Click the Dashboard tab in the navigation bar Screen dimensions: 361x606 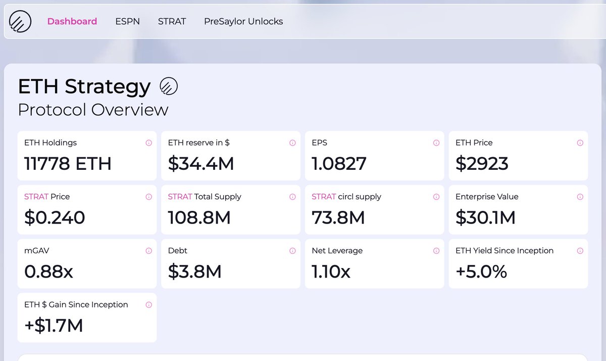tap(72, 21)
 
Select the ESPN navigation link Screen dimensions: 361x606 tap(127, 21)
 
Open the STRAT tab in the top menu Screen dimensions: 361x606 tap(172, 21)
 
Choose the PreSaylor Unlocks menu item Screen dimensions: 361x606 tap(243, 21)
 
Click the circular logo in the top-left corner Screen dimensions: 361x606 tap(20, 22)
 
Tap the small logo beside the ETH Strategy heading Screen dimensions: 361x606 tap(169, 86)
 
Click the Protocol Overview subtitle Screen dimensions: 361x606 tap(93, 110)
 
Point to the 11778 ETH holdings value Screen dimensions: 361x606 tap(68, 164)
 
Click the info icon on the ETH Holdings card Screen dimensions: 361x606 tap(148, 143)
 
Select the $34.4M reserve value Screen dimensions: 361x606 tap(201, 164)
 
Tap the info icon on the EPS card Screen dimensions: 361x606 tap(436, 143)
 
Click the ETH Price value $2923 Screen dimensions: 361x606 tap(482, 164)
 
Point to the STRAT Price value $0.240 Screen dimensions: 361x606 tap(55, 217)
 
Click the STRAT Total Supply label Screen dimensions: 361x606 tap(205, 197)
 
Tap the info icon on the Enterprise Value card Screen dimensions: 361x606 tap(580, 197)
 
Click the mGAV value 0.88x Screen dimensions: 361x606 tap(48, 272)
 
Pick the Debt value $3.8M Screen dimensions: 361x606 tap(195, 272)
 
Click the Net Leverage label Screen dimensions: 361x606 tap(337, 251)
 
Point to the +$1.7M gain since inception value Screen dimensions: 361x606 tap(54, 326)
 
